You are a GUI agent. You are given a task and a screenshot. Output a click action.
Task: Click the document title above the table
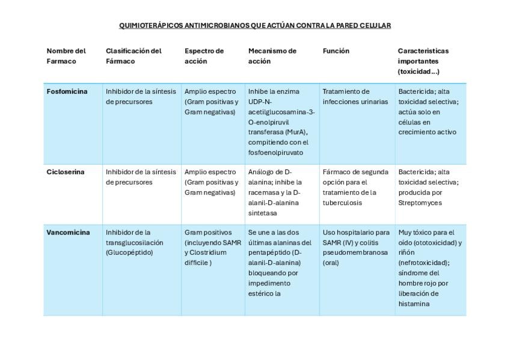(255, 25)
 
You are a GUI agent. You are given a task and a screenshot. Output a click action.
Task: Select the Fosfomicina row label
(67, 91)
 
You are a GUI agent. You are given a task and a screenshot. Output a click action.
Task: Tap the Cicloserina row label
(66, 172)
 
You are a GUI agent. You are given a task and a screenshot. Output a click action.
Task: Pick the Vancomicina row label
(68, 233)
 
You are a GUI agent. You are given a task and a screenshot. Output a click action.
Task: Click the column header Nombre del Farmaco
(66, 56)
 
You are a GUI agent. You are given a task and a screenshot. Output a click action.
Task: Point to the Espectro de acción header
(204, 56)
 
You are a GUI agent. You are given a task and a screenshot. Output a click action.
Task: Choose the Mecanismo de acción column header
(272, 56)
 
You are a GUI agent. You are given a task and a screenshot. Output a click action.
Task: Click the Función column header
(336, 51)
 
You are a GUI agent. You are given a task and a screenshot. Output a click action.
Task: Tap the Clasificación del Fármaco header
(134, 56)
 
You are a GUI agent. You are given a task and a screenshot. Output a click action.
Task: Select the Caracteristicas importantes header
(423, 61)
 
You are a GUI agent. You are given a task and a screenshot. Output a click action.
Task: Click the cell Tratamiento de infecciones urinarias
(355, 96)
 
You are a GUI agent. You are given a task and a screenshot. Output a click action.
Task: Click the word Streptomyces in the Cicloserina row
(420, 203)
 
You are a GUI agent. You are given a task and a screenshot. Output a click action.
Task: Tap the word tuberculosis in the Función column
(342, 203)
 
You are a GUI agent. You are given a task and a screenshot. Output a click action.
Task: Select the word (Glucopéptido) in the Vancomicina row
(129, 252)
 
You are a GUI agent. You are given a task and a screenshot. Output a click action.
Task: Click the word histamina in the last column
(414, 304)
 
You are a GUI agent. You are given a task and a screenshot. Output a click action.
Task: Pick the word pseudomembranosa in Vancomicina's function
(355, 252)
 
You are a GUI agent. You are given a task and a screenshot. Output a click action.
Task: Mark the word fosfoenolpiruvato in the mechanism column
(275, 153)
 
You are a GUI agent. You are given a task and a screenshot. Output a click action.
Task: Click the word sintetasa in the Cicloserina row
(263, 213)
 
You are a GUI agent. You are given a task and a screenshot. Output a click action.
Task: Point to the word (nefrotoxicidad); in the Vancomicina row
(423, 263)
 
